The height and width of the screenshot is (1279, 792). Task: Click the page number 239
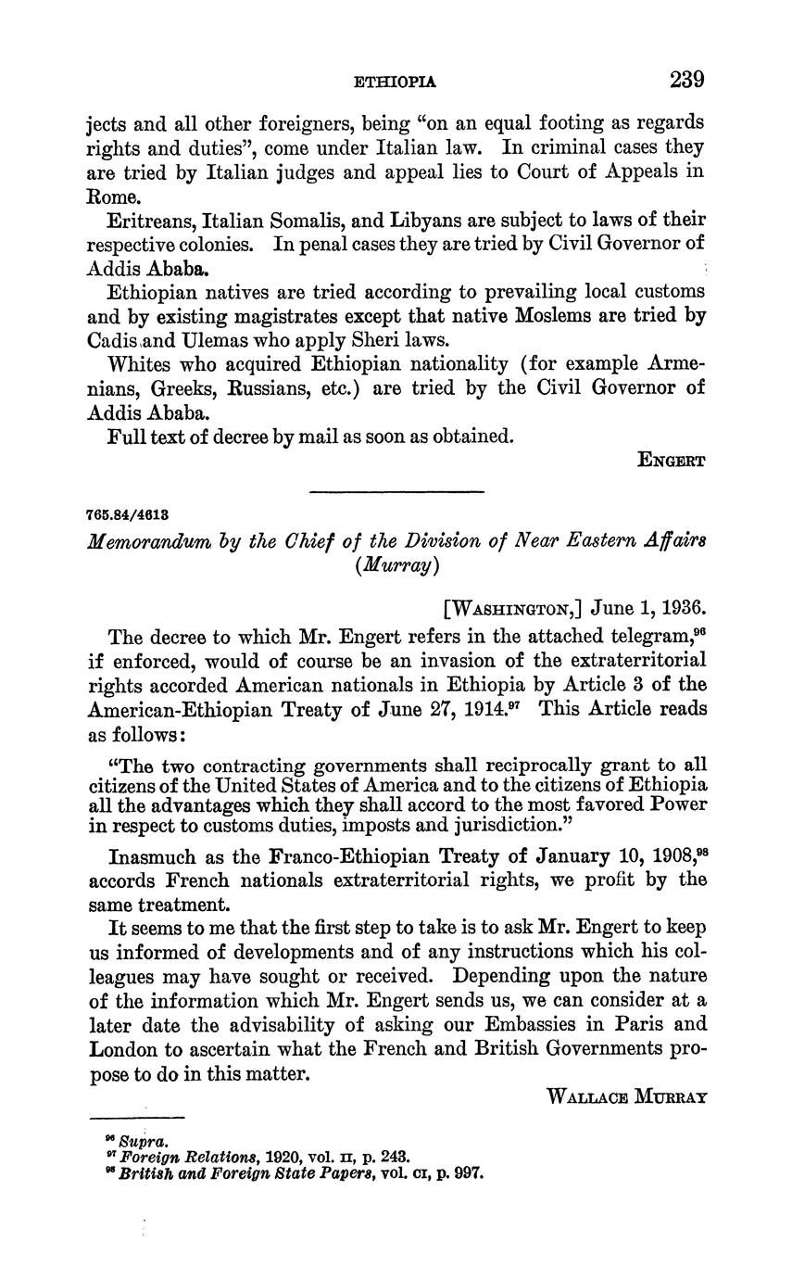click(x=686, y=80)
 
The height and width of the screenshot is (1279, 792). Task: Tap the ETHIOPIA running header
click(x=396, y=82)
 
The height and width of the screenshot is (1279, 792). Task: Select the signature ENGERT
click(x=673, y=460)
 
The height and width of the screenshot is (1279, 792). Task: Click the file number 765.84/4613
click(x=128, y=513)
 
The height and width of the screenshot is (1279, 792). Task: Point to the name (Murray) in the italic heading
click(x=395, y=565)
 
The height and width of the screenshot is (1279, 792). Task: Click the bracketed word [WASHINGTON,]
click(x=513, y=609)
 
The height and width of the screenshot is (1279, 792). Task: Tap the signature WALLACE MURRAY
click(x=628, y=1097)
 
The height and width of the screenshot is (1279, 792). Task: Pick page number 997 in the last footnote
click(x=467, y=1172)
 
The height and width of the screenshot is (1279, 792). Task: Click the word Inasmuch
click(x=152, y=857)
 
